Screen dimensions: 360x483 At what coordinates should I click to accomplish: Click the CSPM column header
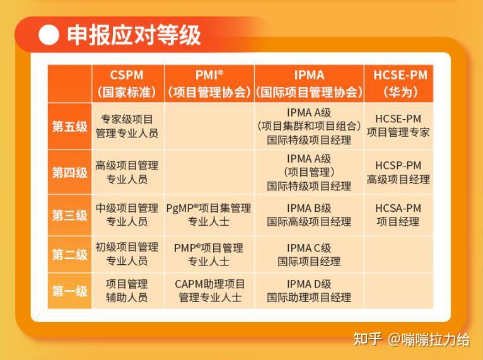click(127, 83)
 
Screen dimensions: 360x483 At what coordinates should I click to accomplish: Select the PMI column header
click(209, 83)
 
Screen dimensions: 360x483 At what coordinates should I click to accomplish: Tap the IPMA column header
click(309, 83)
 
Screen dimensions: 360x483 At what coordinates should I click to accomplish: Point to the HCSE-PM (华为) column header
click(400, 83)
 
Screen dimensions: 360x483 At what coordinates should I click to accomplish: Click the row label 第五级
click(69, 125)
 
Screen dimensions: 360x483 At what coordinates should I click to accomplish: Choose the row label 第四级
click(69, 172)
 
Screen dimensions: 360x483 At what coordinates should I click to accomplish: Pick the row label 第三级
click(69, 215)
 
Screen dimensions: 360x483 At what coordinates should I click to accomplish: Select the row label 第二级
click(69, 255)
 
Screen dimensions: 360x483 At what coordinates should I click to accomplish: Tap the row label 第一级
click(69, 291)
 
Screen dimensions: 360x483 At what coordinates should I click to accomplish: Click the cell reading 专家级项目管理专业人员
click(127, 125)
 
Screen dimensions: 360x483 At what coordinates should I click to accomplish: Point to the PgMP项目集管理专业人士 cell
click(209, 215)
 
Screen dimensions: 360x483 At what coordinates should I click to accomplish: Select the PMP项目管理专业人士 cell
click(209, 255)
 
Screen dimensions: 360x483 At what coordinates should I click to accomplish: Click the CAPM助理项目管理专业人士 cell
click(209, 291)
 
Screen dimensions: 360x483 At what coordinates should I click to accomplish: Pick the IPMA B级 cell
click(309, 215)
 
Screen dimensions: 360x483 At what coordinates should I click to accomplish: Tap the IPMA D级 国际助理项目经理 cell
click(309, 291)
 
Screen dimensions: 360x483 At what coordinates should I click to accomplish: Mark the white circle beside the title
click(49, 35)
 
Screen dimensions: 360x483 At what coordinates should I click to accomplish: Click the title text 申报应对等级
click(134, 35)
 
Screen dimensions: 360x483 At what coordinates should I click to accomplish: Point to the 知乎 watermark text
click(367, 340)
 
